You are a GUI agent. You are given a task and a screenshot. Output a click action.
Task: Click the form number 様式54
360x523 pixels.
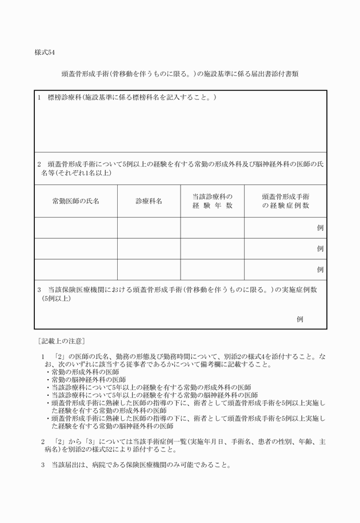point(44,53)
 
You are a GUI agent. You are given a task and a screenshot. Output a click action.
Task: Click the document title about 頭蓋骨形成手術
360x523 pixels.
point(180,74)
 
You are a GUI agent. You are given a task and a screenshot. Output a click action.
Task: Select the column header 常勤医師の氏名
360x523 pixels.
point(75,201)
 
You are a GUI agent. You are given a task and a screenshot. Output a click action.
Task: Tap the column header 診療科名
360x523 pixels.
point(149,201)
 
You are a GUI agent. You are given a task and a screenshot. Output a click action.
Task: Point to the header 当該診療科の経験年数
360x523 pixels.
point(212,201)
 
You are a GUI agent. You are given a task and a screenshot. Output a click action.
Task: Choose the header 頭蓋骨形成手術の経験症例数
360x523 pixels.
point(285,201)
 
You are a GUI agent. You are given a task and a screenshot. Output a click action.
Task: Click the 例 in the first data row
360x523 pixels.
point(320,228)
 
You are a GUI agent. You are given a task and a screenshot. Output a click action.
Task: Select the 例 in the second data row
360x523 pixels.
point(320,249)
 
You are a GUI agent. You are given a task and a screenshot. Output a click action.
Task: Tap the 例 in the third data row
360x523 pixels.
point(320,269)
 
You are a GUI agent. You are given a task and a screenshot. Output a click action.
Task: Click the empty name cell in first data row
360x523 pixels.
point(75,228)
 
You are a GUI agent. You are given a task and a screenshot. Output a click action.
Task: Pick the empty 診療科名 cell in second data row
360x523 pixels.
point(149,249)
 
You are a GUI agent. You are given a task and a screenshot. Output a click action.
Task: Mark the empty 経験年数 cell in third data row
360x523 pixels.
point(212,269)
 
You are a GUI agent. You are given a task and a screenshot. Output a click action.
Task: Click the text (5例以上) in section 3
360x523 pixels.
point(55,298)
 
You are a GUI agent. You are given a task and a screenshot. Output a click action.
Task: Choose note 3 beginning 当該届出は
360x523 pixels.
point(136,464)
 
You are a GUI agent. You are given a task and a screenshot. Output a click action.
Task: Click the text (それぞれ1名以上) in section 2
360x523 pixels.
point(76,172)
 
